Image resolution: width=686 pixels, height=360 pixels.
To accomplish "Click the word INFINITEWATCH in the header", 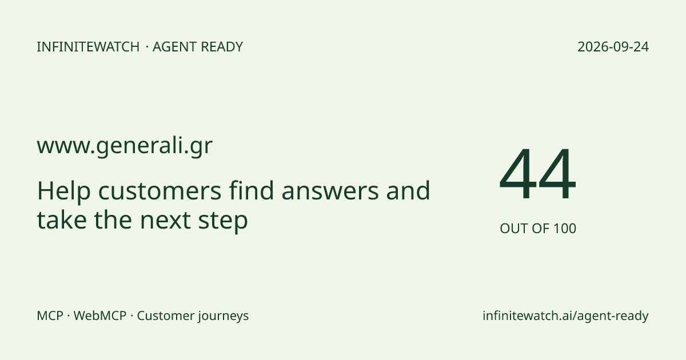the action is click(x=88, y=47).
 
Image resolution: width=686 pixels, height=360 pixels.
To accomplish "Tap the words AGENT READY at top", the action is click(x=198, y=47).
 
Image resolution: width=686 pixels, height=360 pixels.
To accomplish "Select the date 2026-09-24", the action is click(x=613, y=47).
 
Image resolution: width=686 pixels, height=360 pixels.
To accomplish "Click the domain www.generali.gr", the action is click(x=125, y=146).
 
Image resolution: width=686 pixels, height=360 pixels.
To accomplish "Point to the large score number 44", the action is click(x=538, y=174).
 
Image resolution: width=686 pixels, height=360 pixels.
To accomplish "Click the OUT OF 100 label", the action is click(x=538, y=229).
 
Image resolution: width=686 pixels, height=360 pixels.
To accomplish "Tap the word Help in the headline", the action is click(x=63, y=191).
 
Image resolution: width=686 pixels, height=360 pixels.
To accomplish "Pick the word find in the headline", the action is click(x=251, y=190).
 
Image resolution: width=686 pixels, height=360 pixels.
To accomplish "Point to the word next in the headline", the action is click(x=165, y=221).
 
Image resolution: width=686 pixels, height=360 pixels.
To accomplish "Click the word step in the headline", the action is click(x=223, y=221).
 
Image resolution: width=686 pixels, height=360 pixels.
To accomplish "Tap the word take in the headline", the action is click(x=62, y=219).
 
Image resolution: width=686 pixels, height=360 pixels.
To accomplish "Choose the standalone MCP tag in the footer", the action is click(x=50, y=315).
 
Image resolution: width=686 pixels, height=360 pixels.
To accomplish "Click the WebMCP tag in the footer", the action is click(x=100, y=315).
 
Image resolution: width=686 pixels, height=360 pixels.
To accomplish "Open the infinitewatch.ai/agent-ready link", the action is click(x=565, y=316).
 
